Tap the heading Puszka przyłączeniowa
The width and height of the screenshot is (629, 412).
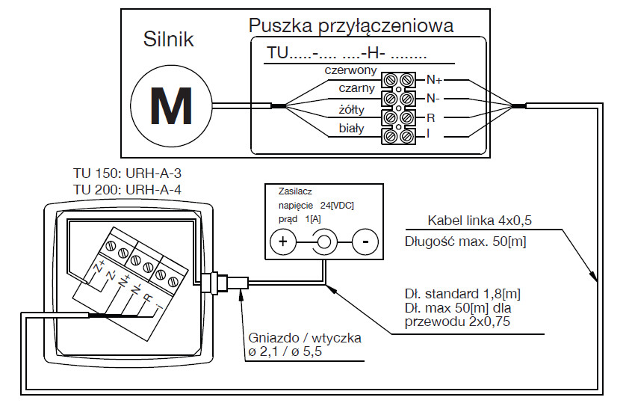pyautogui.click(x=351, y=26)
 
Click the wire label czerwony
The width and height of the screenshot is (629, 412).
pyautogui.click(x=350, y=70)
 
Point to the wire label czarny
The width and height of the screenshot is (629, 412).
pyautogui.click(x=356, y=89)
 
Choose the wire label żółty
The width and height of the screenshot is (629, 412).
pyautogui.click(x=352, y=110)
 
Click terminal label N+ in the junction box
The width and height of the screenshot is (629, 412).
pyautogui.click(x=434, y=79)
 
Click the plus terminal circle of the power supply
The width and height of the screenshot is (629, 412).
pyautogui.click(x=283, y=242)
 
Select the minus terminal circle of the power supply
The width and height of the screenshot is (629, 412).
pyautogui.click(x=365, y=242)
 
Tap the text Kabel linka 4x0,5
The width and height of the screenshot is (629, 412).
pyautogui.click(x=478, y=221)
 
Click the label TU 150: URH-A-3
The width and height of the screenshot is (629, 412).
pyautogui.click(x=128, y=173)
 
